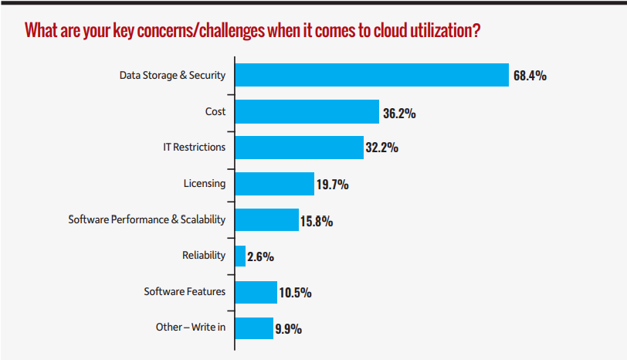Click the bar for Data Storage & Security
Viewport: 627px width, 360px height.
[x=371, y=75]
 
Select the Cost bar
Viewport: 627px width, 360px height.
[x=307, y=111]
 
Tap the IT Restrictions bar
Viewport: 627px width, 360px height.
[x=299, y=148]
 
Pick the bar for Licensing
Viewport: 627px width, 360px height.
[x=273, y=184]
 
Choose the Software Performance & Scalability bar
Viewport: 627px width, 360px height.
[x=266, y=220]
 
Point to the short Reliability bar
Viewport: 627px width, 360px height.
[x=240, y=256]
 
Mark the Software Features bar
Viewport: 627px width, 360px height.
[x=256, y=292]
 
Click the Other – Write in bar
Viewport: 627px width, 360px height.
[x=254, y=328]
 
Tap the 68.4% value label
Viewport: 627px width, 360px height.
[x=530, y=76]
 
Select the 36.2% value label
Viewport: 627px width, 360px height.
[x=399, y=113]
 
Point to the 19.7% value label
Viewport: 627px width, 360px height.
[x=332, y=185]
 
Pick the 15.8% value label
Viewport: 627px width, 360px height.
[x=316, y=221]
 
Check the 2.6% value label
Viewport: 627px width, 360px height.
[x=261, y=257]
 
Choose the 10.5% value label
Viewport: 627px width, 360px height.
[x=295, y=293]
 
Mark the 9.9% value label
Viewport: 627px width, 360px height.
[x=288, y=329]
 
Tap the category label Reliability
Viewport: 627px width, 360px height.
[x=204, y=256]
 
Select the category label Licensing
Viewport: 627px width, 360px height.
[x=205, y=184]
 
